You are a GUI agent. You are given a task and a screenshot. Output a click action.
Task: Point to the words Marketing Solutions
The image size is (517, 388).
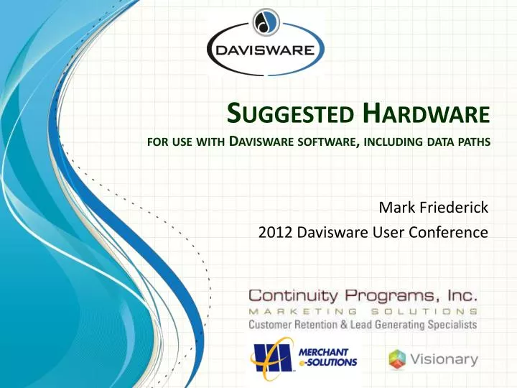363,311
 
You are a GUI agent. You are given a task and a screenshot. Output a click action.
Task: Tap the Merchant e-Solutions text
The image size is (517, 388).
327,357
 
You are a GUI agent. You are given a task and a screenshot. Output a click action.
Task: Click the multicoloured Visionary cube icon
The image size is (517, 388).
398,359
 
